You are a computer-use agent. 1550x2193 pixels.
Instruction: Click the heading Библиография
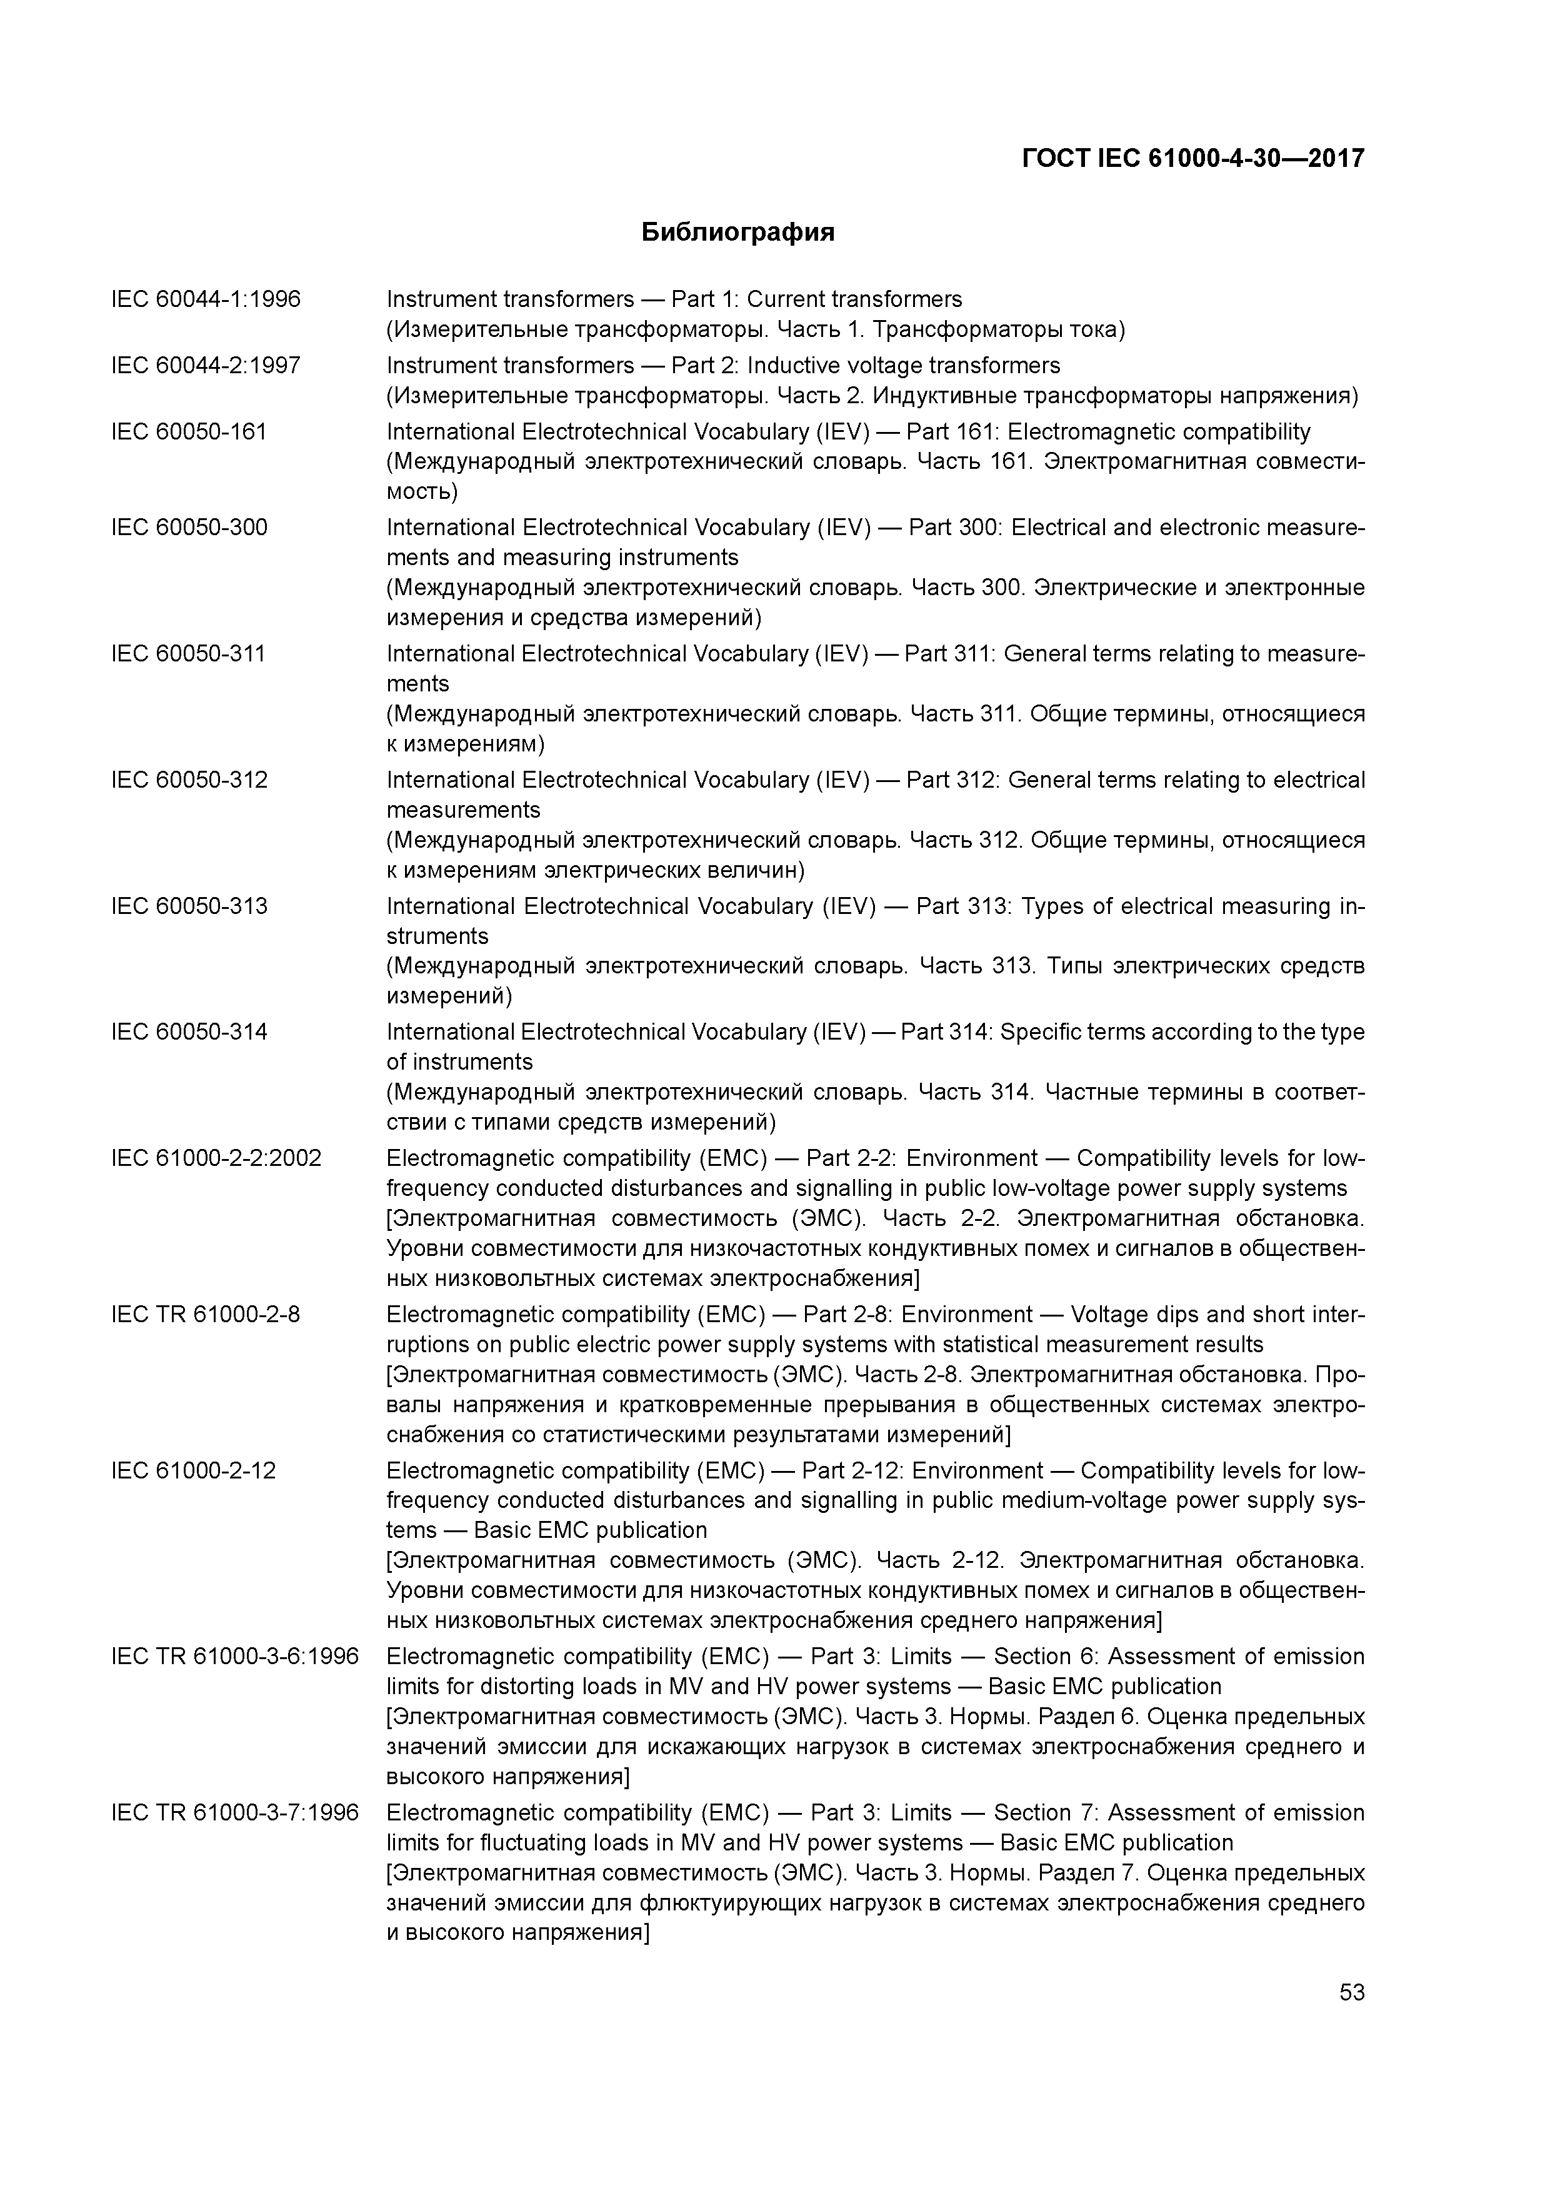pyautogui.click(x=737, y=232)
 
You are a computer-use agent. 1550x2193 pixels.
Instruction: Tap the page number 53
pyautogui.click(x=1351, y=1992)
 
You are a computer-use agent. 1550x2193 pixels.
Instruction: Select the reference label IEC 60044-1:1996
pyautogui.click(x=206, y=300)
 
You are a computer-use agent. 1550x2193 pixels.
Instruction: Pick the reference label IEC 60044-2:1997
pyautogui.click(x=206, y=366)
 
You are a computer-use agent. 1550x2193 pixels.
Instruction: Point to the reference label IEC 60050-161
pyautogui.click(x=189, y=432)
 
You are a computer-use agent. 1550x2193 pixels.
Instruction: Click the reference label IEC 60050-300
pyautogui.click(x=189, y=527)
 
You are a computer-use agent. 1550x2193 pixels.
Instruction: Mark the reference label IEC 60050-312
pyautogui.click(x=189, y=780)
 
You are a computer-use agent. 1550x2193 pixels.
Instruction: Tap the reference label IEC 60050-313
pyautogui.click(x=189, y=905)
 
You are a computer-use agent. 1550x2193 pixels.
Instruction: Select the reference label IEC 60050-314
pyautogui.click(x=189, y=1031)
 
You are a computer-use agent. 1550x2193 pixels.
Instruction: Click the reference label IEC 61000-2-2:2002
pyautogui.click(x=216, y=1158)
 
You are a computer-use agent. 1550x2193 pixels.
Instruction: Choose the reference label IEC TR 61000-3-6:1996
pyautogui.click(x=235, y=1656)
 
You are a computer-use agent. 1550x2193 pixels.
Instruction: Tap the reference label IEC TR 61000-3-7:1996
pyautogui.click(x=235, y=1813)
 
